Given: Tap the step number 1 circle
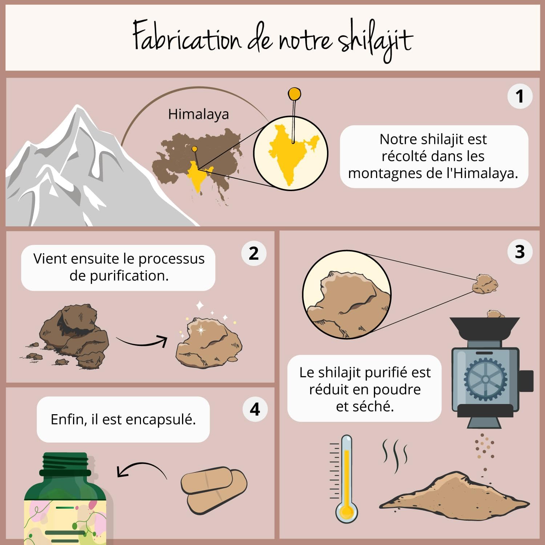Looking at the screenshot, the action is [520, 96].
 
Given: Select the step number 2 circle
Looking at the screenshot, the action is [254, 253].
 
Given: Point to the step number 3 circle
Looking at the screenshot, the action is [520, 252].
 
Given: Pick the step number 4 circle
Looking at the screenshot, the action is [255, 409].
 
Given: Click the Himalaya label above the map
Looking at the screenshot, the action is [198, 114].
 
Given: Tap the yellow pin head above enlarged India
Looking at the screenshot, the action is [294, 94].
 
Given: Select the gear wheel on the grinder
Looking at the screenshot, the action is [485, 379].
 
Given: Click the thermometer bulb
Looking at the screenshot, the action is [347, 512].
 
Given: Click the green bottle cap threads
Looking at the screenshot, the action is [65, 461].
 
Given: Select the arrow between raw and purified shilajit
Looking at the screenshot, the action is [142, 342].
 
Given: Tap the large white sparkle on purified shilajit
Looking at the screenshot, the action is [201, 330].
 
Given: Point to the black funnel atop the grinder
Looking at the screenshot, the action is [485, 329].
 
